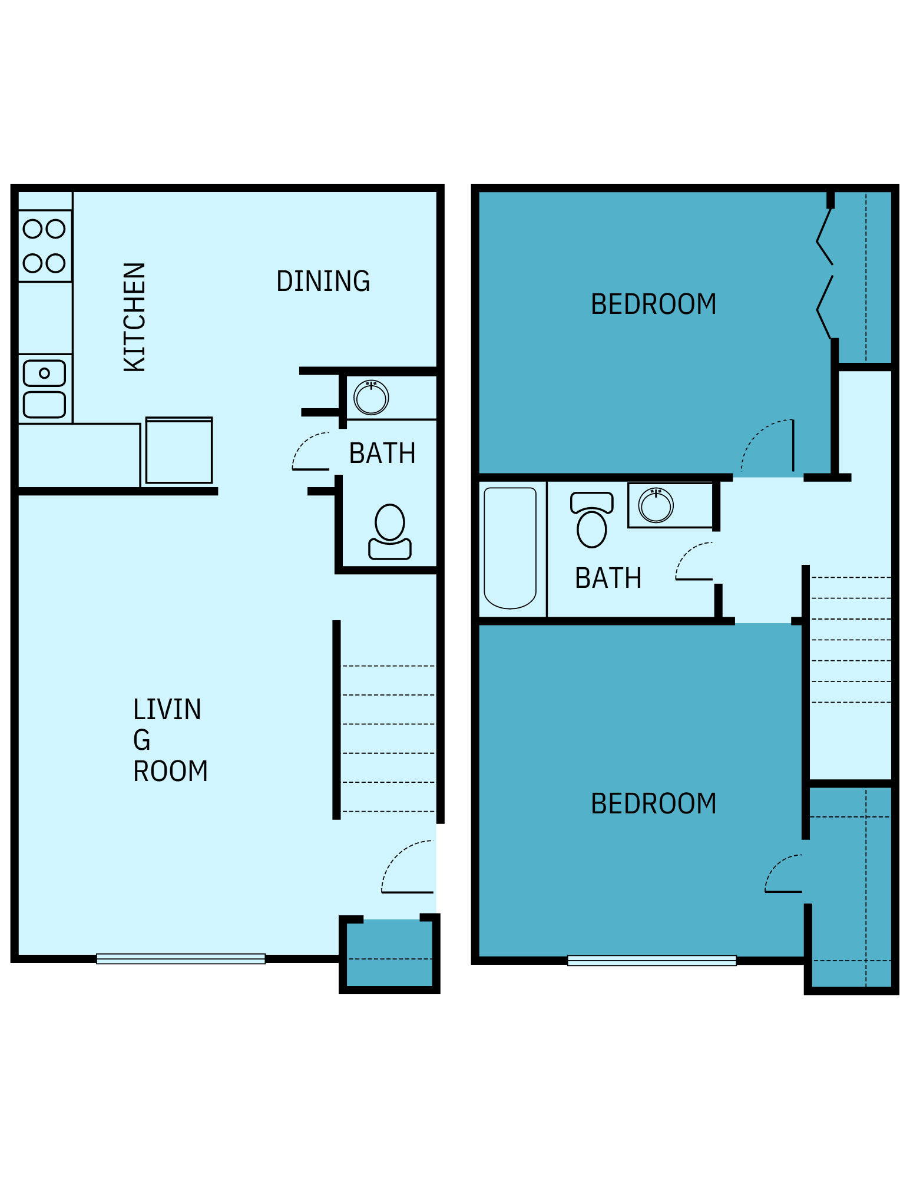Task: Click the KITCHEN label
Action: [x=134, y=317]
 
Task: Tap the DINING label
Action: [x=323, y=282]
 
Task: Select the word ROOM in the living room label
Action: [x=170, y=772]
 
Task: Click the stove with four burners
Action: [x=45, y=246]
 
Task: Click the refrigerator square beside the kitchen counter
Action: [x=179, y=451]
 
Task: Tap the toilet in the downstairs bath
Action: [x=390, y=532]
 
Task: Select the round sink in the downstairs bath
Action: [x=371, y=398]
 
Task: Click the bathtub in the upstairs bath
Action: [x=510, y=548]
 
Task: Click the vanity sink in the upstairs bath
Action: [x=656, y=505]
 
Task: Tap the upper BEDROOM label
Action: [x=653, y=305]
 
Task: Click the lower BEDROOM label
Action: [x=653, y=804]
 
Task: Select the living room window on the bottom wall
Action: [x=181, y=958]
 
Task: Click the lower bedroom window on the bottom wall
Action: [x=651, y=960]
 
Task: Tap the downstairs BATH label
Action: [x=382, y=454]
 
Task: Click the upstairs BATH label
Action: [x=608, y=578]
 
